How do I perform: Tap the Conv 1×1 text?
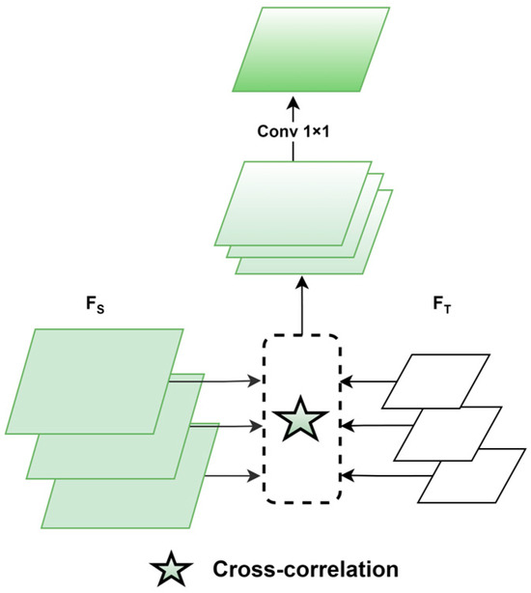(x=293, y=132)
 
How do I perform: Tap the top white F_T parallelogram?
(x=435, y=381)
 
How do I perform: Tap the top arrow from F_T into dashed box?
(x=367, y=381)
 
